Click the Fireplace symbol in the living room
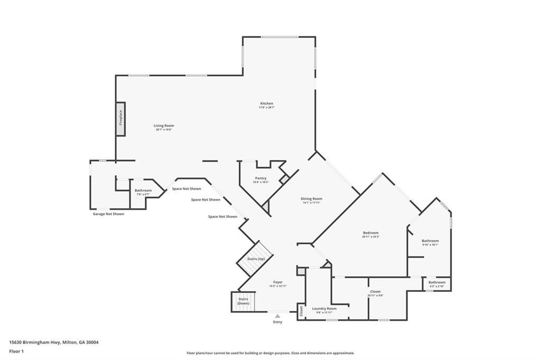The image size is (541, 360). tap(120, 119)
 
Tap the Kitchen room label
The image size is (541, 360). tap(266, 103)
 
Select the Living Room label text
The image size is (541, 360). tap(164, 126)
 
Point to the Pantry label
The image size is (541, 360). tap(260, 178)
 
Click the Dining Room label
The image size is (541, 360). tap(312, 199)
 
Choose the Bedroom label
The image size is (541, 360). tap(370, 233)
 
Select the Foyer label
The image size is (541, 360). tap(278, 282)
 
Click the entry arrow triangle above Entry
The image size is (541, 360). tap(277, 316)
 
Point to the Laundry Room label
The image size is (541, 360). tap(324, 309)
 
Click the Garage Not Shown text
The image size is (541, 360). tap(108, 214)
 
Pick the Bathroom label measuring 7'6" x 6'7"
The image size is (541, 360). tap(143, 191)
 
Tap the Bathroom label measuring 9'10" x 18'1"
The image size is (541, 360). tap(430, 241)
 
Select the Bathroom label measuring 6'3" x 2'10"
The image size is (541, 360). tap(437, 282)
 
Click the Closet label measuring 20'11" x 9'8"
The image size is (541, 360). tap(375, 292)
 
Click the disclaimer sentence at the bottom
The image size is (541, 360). tap(270, 353)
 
